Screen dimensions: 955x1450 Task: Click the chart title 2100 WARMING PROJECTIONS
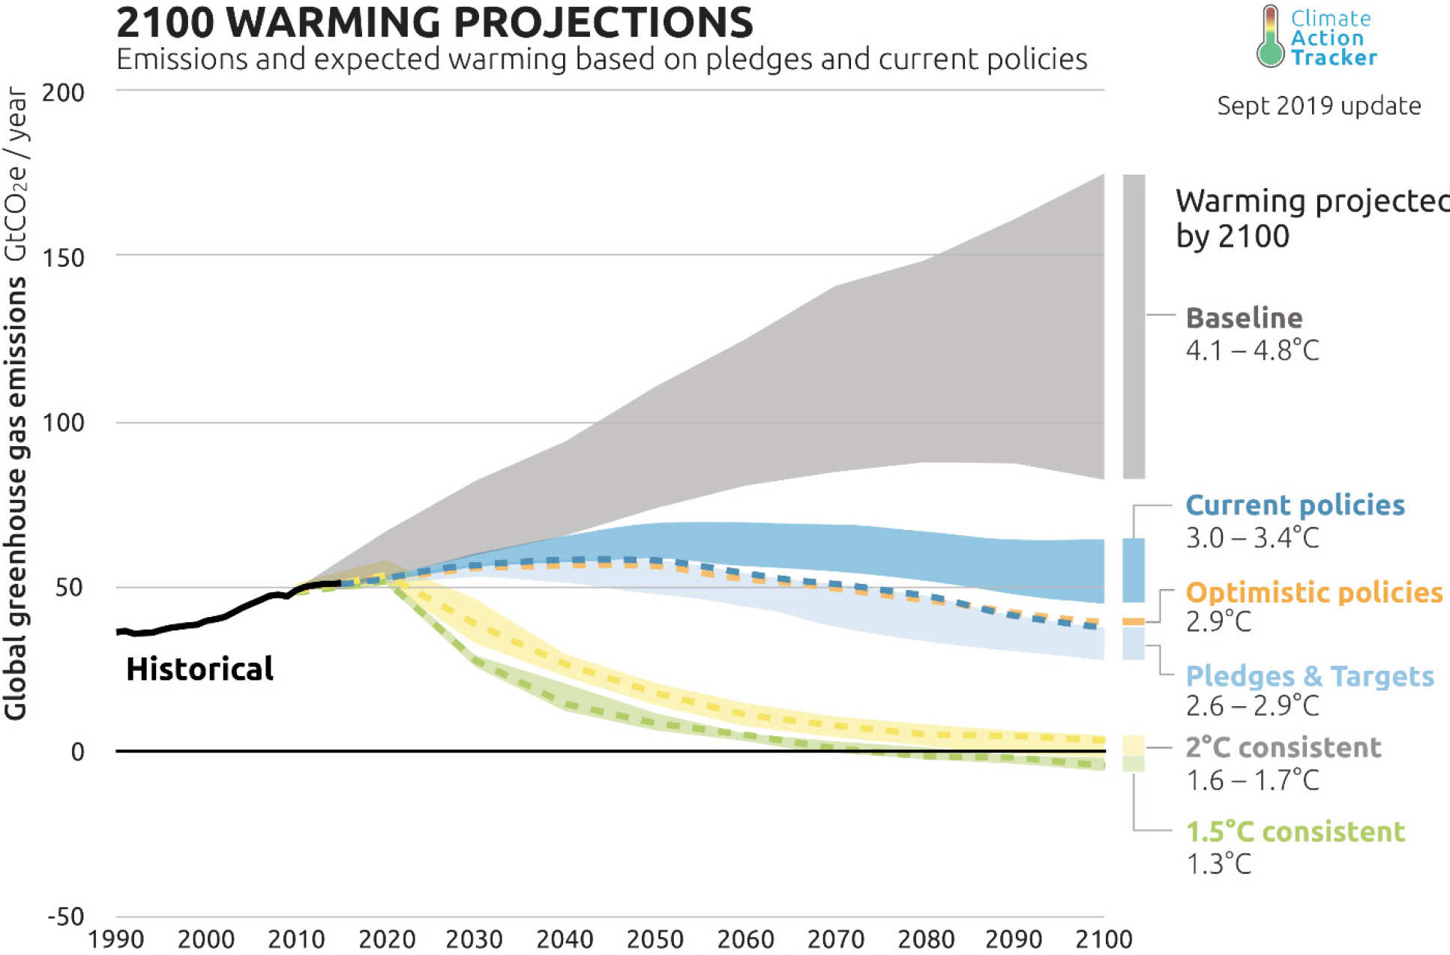pyautogui.click(x=435, y=22)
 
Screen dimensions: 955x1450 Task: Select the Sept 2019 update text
pyautogui.click(x=1318, y=106)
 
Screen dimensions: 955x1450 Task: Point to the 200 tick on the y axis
pyautogui.click(x=63, y=93)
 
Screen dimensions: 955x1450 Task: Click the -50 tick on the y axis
pyautogui.click(x=66, y=916)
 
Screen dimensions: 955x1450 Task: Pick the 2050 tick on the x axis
pyautogui.click(x=655, y=939)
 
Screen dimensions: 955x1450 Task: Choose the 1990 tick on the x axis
pyautogui.click(x=115, y=939)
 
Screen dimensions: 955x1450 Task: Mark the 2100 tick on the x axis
pyautogui.click(x=1104, y=939)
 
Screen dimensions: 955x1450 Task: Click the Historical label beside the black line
pyautogui.click(x=199, y=669)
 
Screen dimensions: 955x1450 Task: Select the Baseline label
pyautogui.click(x=1244, y=318)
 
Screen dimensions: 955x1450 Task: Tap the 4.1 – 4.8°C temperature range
pyautogui.click(x=1252, y=350)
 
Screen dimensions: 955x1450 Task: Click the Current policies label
pyautogui.click(x=1295, y=505)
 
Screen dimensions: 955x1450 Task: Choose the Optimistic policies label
pyautogui.click(x=1314, y=592)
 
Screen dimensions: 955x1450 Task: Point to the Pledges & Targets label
pyautogui.click(x=1309, y=676)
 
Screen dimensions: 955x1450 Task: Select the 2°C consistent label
pyautogui.click(x=1283, y=747)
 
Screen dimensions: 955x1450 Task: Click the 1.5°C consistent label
pyautogui.click(x=1295, y=831)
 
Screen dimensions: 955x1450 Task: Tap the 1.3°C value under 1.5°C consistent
pyautogui.click(x=1218, y=864)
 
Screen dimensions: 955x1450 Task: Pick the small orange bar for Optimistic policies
pyautogui.click(x=1134, y=621)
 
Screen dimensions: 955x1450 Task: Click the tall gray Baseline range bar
pyautogui.click(x=1134, y=326)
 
